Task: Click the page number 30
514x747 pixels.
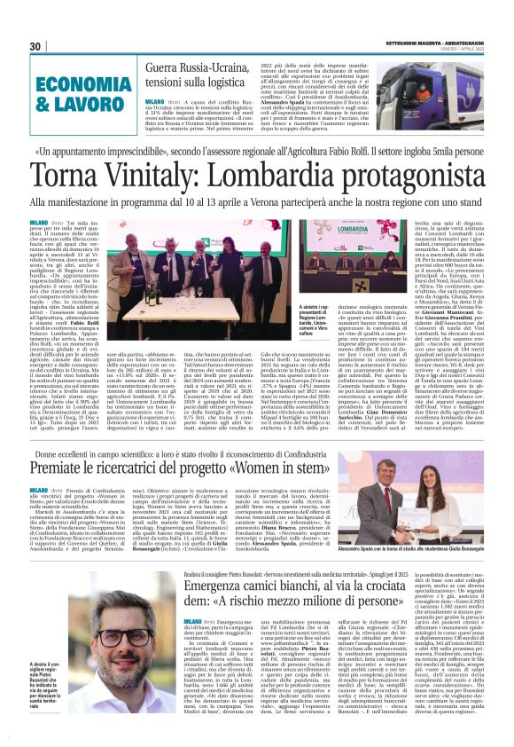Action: [x=35, y=46]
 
